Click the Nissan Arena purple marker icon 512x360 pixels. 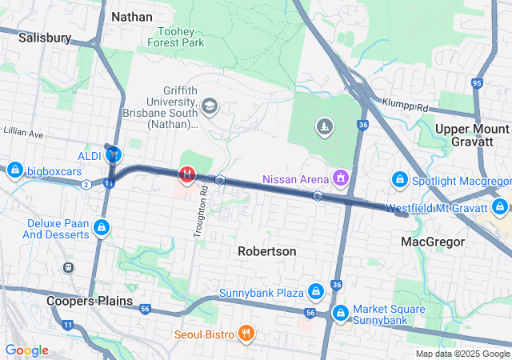pos(341,177)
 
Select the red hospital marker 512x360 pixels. pos(186,173)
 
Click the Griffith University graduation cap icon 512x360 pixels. pos(210,106)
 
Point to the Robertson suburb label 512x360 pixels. pos(267,251)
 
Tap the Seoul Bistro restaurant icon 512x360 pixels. pos(246,333)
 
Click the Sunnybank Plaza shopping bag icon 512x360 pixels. pos(316,290)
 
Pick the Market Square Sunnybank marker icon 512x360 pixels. pos(341,311)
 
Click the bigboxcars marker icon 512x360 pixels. pos(15,170)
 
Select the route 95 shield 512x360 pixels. pos(477,82)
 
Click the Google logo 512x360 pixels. pos(26,350)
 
